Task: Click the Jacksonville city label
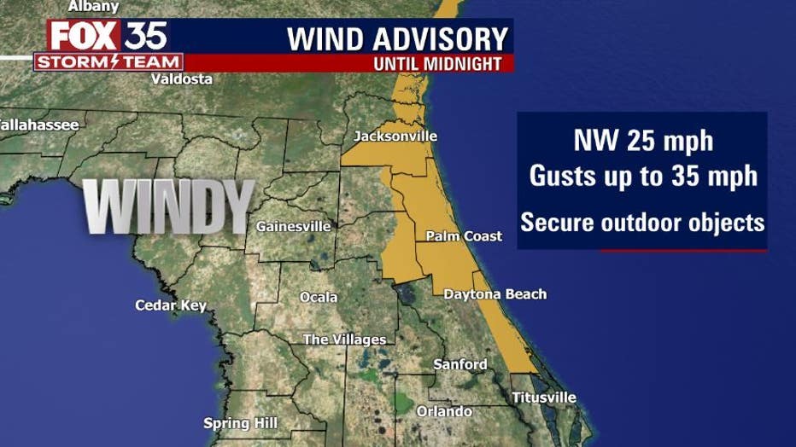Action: tap(395, 136)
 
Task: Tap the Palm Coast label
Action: tap(464, 236)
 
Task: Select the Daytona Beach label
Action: tap(495, 294)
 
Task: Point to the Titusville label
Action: tap(543, 398)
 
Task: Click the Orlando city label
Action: tap(443, 412)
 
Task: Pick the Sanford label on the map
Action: tap(459, 364)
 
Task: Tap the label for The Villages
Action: tap(344, 340)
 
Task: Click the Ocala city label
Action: tap(319, 298)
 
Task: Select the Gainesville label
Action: tap(294, 227)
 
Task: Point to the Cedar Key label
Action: tap(171, 305)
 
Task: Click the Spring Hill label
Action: tap(240, 423)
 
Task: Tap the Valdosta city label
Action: tap(181, 79)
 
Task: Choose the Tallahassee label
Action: tap(38, 125)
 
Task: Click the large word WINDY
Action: tap(168, 206)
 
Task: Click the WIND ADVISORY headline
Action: tap(397, 38)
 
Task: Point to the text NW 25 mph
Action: tap(642, 142)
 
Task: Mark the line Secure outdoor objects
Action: tap(642, 223)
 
